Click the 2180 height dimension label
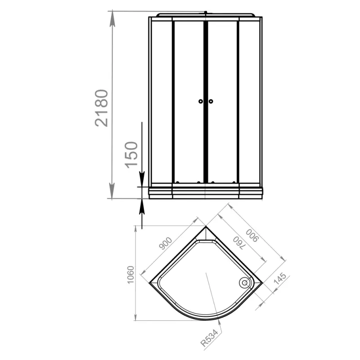pos(101,108)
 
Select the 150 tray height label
pos(131,155)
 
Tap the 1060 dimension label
pos(130,275)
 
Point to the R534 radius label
pos(209,338)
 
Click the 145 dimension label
pos(280,279)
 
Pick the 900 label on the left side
pos(166,243)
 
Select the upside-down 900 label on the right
pos(252,235)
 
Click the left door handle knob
pos(201,101)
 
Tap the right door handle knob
pos(211,101)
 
